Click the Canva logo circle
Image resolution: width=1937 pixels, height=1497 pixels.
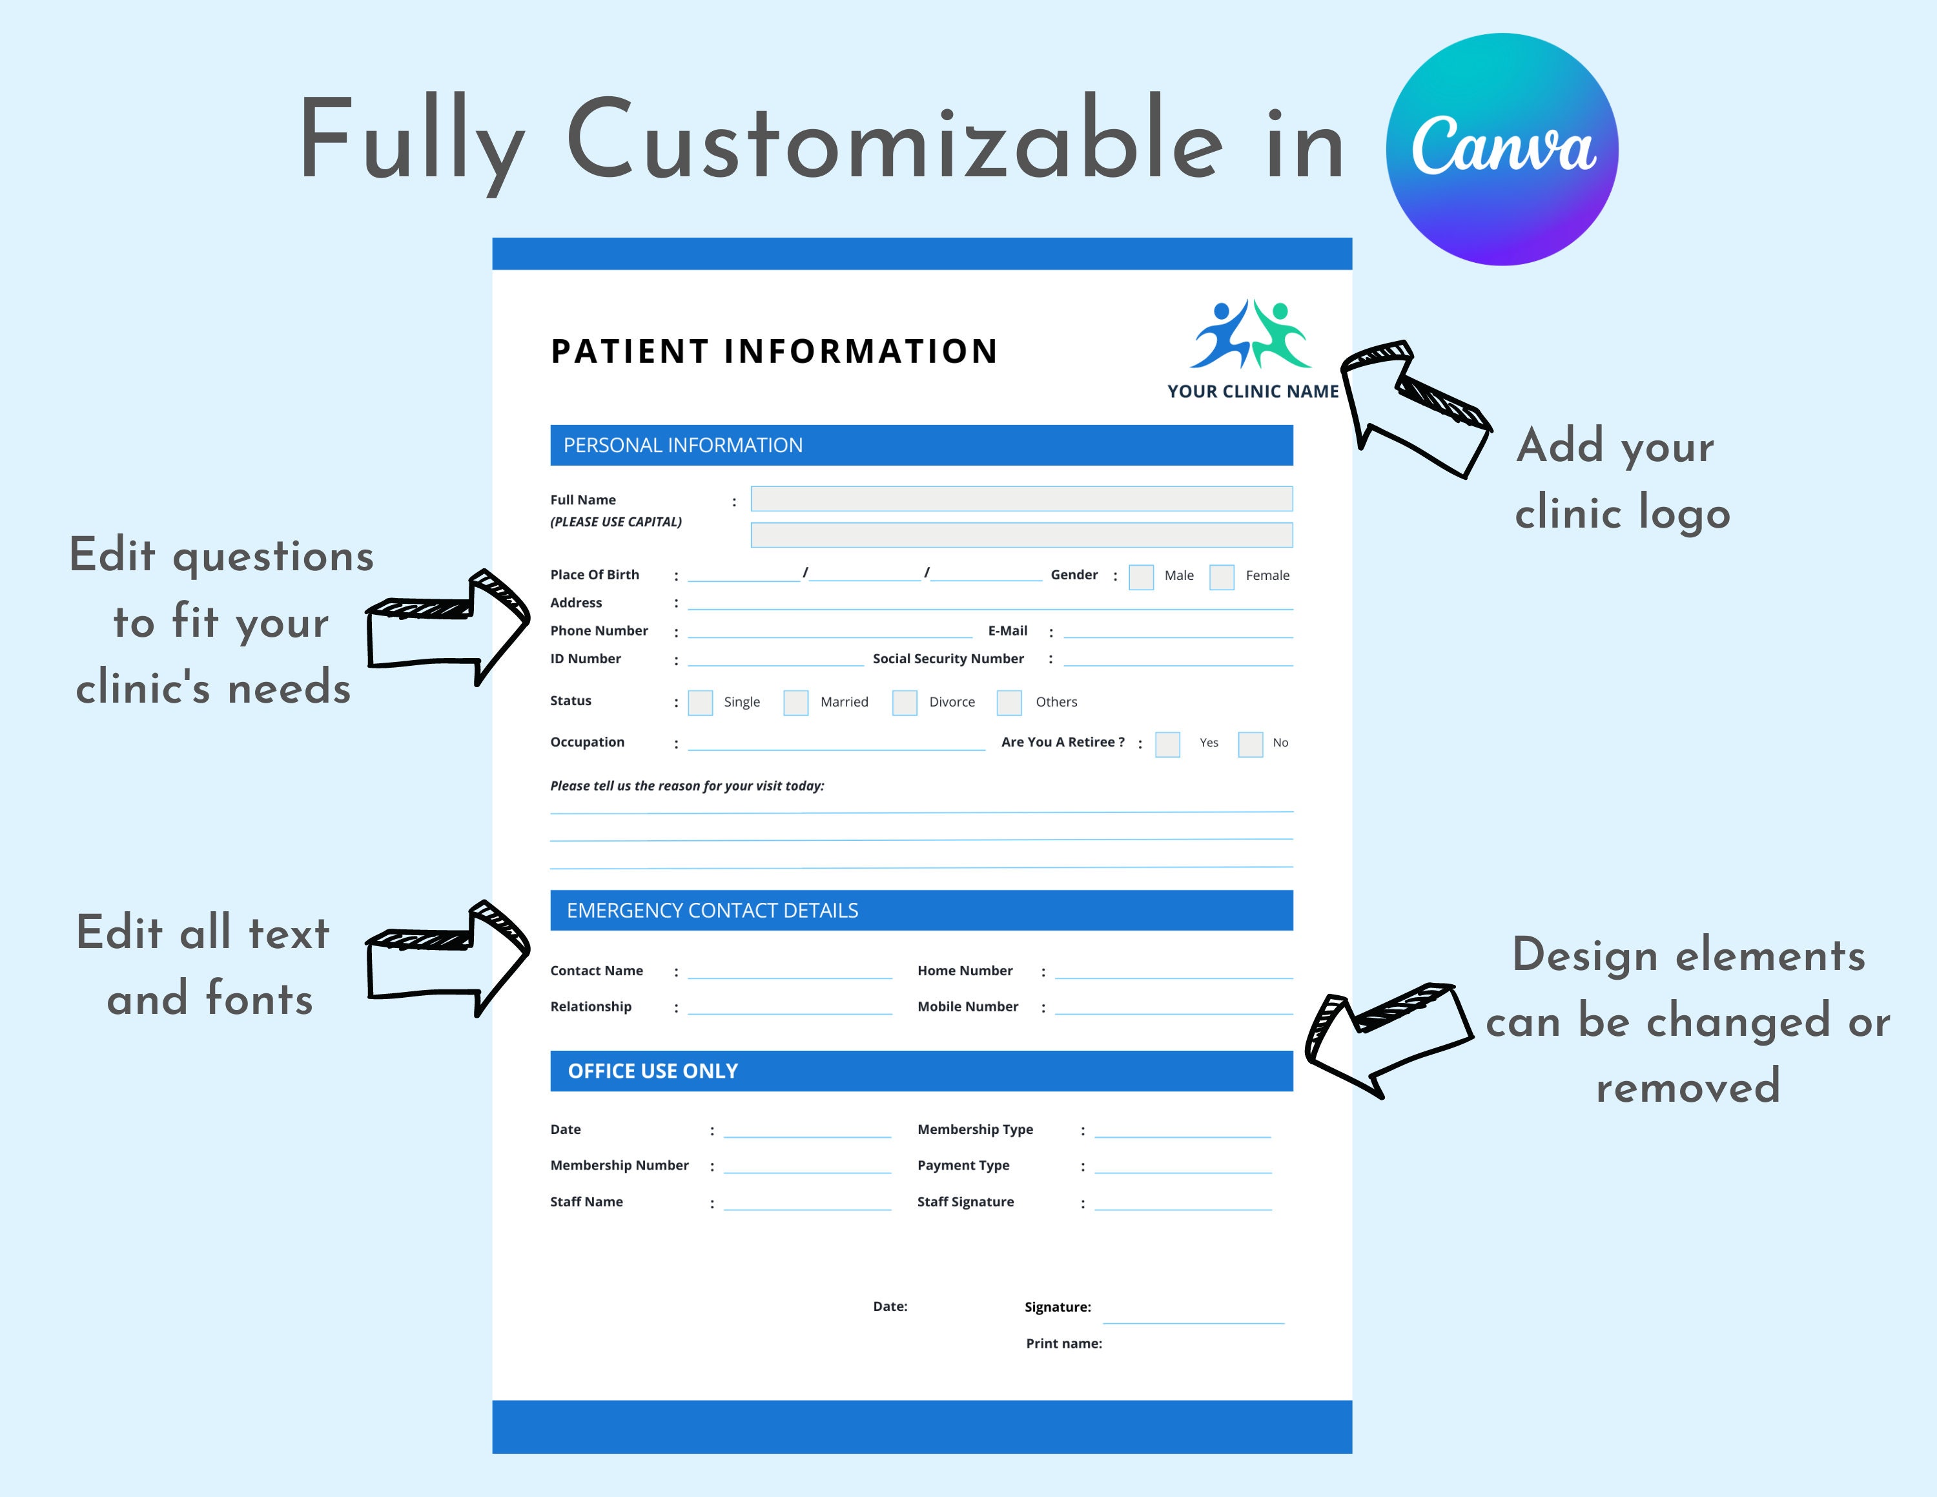(1502, 149)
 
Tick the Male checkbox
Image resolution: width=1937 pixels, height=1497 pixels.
(1140, 577)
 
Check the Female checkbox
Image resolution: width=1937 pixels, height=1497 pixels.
(1221, 577)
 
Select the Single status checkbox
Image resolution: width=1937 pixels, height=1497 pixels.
(700, 703)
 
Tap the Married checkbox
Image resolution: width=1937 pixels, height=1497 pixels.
(795, 703)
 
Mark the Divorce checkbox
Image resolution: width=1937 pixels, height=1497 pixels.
(904, 703)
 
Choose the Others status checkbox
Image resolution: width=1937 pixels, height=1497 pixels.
(1009, 703)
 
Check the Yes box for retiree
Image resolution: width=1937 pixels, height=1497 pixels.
(1167, 744)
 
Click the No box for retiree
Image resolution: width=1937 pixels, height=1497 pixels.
(1249, 744)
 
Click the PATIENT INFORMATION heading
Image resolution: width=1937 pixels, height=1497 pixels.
(774, 351)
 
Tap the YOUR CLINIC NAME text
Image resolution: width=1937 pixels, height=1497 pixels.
(1253, 391)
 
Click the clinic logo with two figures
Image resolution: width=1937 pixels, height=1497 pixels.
(1251, 335)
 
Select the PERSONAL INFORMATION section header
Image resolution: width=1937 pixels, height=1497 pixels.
(921, 445)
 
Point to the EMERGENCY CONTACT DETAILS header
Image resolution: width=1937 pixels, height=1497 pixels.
(921, 910)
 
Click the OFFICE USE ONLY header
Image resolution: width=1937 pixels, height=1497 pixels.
(921, 1070)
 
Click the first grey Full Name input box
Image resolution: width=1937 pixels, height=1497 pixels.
(1021, 499)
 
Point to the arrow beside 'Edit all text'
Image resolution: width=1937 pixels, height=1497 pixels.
(448, 958)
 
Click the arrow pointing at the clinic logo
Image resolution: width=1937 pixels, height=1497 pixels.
(1414, 407)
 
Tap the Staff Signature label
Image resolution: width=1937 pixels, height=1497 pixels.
(965, 1202)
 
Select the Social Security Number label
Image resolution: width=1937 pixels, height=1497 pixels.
(947, 658)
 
